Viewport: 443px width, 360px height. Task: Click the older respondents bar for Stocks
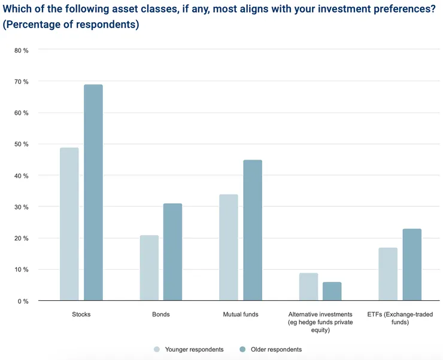point(93,193)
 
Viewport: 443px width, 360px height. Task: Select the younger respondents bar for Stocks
point(69,224)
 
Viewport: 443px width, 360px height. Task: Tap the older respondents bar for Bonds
point(172,252)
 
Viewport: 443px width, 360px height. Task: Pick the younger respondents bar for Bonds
point(149,267)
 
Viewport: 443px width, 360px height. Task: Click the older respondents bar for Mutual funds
point(252,230)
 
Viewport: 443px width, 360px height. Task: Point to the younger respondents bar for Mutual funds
point(229,247)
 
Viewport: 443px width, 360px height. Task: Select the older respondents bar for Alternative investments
point(332,291)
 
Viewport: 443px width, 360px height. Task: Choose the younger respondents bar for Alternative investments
point(308,286)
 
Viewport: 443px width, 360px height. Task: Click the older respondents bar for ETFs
point(412,264)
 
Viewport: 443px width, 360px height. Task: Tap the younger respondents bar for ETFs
point(388,274)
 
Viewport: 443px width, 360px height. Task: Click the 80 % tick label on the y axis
point(22,50)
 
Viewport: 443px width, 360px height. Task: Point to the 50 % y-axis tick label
point(22,144)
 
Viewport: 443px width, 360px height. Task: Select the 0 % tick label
point(23,301)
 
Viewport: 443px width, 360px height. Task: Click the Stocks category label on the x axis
point(81,314)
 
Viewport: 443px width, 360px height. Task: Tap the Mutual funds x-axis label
point(241,314)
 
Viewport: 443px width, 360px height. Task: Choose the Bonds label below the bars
point(160,314)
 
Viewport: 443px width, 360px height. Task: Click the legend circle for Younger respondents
point(157,349)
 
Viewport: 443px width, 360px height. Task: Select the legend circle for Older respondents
point(243,349)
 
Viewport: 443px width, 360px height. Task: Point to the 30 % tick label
point(22,207)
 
